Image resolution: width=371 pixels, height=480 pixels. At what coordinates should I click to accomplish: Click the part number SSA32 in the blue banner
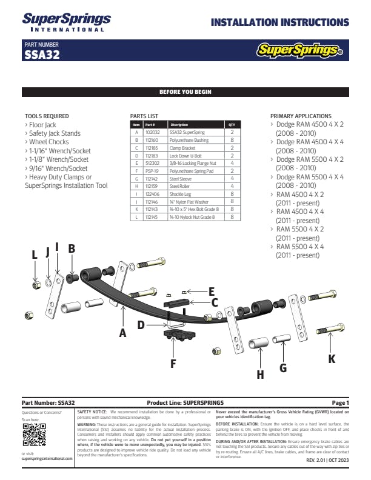[42, 54]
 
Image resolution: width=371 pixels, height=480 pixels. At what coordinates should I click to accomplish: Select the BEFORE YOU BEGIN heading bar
[185, 92]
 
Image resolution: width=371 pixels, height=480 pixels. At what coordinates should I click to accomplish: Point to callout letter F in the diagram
[173, 364]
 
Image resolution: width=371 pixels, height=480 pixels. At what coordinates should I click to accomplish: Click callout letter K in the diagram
[331, 359]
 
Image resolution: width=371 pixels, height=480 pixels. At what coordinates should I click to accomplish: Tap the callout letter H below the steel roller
[260, 375]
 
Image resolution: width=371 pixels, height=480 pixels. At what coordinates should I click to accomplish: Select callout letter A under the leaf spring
[122, 332]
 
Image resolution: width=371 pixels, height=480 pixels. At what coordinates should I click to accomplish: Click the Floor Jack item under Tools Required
[43, 125]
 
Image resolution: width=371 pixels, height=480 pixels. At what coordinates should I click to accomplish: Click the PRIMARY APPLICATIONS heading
[301, 116]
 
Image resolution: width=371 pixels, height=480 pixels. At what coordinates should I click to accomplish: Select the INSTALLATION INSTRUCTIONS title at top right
[279, 23]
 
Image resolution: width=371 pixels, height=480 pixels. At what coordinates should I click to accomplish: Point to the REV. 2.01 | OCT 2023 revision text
[328, 461]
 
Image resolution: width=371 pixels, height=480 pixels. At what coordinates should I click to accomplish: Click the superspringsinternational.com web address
[47, 459]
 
